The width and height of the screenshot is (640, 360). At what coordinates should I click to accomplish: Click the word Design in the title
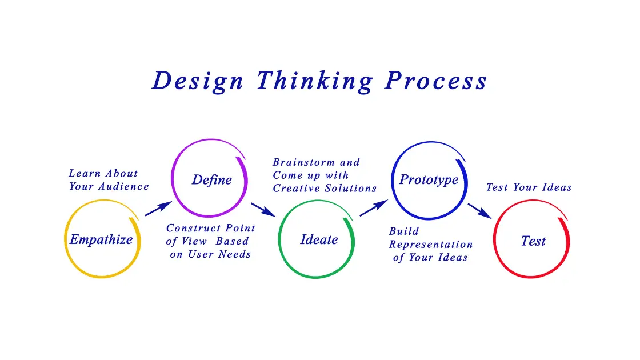coord(198,81)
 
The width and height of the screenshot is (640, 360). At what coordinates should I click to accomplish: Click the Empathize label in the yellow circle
coord(101,239)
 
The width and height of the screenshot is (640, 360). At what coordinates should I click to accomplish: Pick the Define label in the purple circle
coord(211,180)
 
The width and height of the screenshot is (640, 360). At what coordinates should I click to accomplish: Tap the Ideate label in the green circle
coord(319,239)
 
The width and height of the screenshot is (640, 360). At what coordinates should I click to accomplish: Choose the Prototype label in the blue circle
coord(429,179)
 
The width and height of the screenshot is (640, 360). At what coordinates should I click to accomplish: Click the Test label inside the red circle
coord(533,241)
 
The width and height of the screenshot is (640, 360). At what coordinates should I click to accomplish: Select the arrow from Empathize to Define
coord(158,209)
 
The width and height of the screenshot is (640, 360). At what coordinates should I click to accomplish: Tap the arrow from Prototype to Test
coord(479,210)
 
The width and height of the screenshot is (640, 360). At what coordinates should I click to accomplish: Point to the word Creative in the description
coord(296,188)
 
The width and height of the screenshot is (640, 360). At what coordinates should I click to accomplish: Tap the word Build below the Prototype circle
coord(404,231)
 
